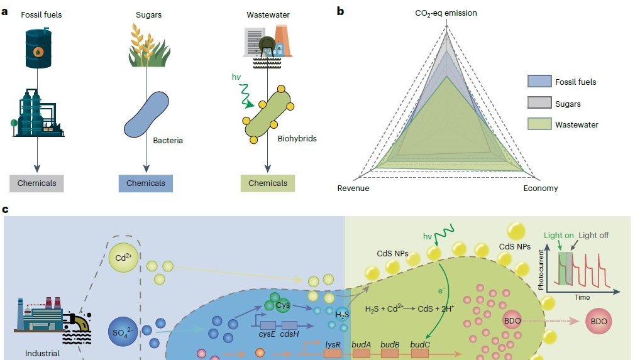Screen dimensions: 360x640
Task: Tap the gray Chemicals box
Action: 36,183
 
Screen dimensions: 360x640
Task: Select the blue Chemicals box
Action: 146,183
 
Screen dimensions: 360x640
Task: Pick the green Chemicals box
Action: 268,183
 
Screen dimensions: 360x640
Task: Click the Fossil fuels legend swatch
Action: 539,82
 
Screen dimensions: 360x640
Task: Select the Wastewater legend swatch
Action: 539,124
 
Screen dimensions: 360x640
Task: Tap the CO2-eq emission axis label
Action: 446,13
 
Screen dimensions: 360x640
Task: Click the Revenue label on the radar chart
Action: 353,188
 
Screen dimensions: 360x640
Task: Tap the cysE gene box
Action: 268,325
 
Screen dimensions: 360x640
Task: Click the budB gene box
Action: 390,354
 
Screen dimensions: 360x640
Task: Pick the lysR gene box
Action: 333,354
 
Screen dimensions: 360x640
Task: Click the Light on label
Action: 560,236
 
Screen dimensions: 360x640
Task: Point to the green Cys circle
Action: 282,305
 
